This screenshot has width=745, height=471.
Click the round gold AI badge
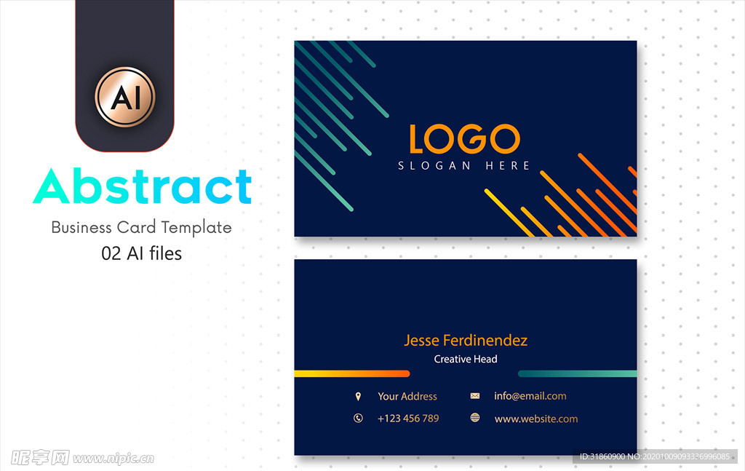click(x=125, y=97)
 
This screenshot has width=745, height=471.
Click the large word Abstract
click(x=142, y=186)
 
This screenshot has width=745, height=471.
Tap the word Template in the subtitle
click(x=196, y=228)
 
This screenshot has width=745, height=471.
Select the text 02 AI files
click(x=142, y=253)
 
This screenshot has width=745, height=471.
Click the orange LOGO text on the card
click(x=465, y=139)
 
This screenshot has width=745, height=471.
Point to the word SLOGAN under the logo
click(x=434, y=165)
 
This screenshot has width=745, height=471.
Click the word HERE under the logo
click(x=507, y=165)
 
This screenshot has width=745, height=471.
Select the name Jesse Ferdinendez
click(x=466, y=340)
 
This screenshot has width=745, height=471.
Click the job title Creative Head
click(x=466, y=360)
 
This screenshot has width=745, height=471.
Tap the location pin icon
click(x=358, y=396)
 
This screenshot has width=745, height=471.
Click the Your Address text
click(x=407, y=396)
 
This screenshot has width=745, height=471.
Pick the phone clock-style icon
click(x=358, y=419)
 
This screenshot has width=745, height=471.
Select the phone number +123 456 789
click(x=408, y=419)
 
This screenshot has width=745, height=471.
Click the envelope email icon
click(x=474, y=396)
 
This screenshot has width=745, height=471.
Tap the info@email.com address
click(x=530, y=396)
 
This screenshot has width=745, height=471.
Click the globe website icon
click(x=474, y=418)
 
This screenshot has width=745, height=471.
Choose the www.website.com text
click(x=536, y=419)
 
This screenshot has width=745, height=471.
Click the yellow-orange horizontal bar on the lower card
click(x=352, y=373)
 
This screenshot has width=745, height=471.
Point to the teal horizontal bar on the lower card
click(x=577, y=373)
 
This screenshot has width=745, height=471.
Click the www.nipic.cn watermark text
click(x=113, y=459)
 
